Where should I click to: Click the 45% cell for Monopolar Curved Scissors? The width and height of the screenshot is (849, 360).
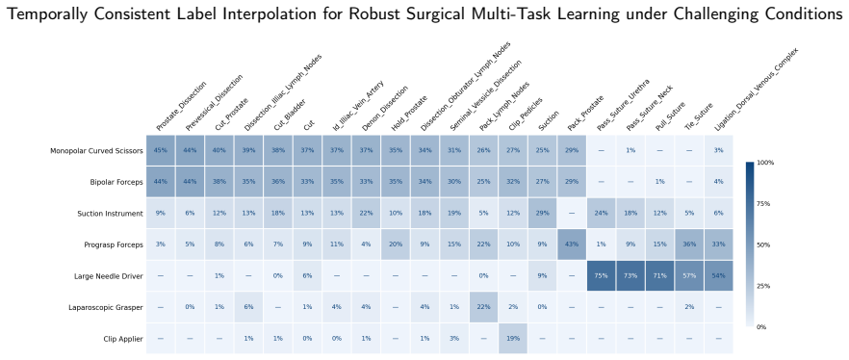pos(161,150)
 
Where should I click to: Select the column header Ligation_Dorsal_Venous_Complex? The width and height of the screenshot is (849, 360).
pos(757,89)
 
